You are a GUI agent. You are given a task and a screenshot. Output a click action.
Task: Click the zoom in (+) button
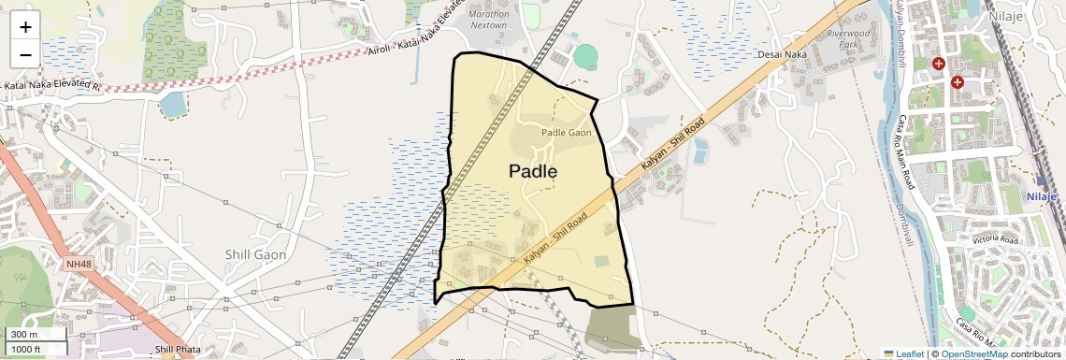[x=25, y=27]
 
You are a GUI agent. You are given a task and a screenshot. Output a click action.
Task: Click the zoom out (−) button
[x=25, y=54]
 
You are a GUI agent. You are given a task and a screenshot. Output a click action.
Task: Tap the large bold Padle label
[x=533, y=171]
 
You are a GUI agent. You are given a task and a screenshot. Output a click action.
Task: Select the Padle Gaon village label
[x=567, y=133]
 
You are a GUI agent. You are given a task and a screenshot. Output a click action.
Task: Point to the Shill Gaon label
[x=255, y=254]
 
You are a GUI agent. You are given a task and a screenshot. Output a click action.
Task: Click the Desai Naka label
[x=782, y=55]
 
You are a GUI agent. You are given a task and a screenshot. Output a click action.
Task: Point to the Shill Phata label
[x=178, y=350]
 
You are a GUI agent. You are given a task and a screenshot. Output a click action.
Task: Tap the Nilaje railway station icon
[x=1042, y=181]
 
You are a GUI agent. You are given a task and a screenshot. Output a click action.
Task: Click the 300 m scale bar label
[x=25, y=334]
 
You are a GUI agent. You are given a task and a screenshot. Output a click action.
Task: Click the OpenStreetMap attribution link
[x=973, y=353]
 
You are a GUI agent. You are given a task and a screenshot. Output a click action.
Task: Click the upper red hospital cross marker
[x=938, y=64]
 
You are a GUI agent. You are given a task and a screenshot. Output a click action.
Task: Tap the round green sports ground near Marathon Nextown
[x=585, y=57]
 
